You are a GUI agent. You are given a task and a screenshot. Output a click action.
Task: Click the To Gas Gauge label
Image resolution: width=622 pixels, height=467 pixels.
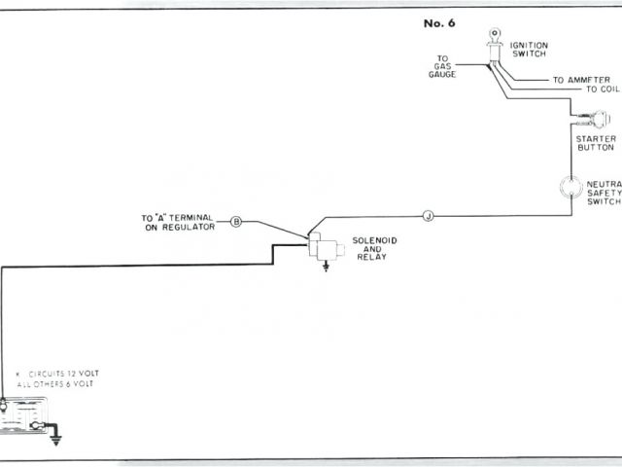tap(440, 65)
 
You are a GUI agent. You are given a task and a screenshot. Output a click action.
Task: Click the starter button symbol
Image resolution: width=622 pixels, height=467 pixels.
tap(594, 121)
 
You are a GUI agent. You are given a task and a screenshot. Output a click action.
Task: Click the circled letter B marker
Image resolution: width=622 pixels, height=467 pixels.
tap(236, 222)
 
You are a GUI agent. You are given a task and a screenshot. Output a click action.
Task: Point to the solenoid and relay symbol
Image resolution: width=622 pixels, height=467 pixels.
tap(322, 245)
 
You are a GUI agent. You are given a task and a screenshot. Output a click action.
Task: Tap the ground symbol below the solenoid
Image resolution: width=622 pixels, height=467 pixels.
tap(326, 267)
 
